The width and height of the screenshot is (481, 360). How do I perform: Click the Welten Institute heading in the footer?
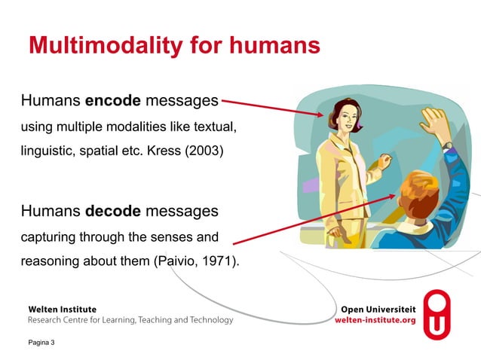coord(62,310)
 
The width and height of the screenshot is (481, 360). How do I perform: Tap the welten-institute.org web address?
coord(375,320)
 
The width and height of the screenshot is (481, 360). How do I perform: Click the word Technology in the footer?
coord(208,320)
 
